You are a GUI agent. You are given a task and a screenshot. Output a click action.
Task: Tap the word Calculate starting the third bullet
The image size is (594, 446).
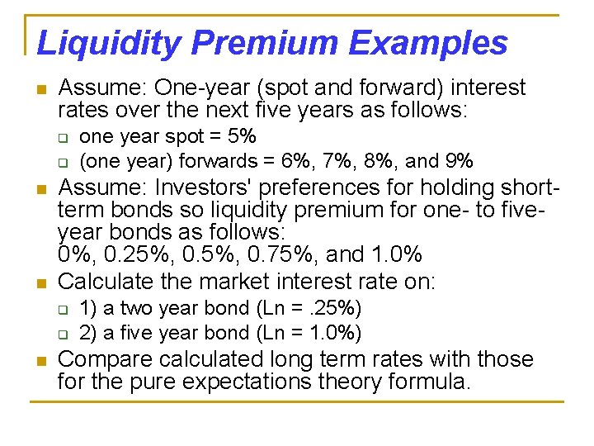tap(106, 282)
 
